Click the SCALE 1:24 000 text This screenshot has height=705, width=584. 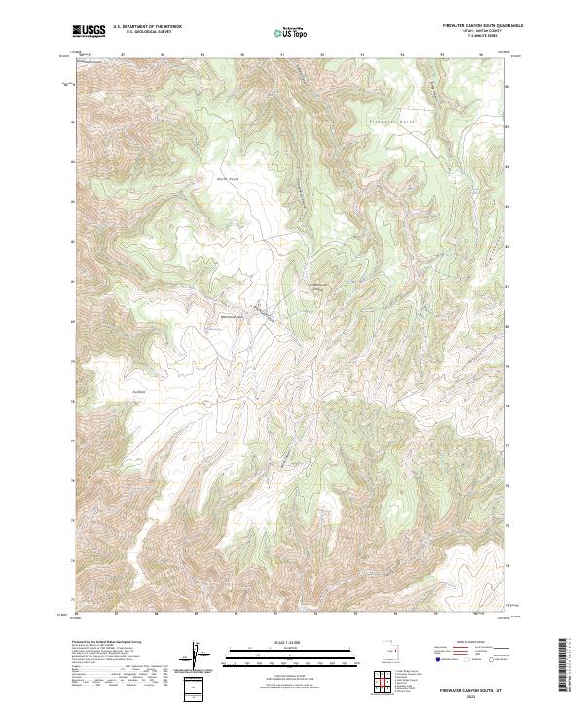tap(290, 640)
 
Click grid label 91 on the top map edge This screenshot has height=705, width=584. tap(282, 54)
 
